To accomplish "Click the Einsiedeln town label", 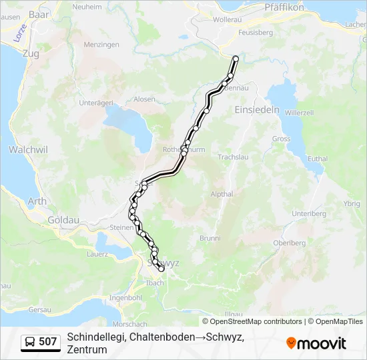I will [257, 111].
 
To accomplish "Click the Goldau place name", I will [63, 219].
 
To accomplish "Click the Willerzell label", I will [299, 113].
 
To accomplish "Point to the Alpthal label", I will [222, 195].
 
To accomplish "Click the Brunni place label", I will [210, 238].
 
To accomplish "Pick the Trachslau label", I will [233, 157].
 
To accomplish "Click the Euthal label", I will [318, 158].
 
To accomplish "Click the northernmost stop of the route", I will [235, 59].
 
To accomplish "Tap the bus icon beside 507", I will [30, 342].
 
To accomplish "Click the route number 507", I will [48, 342].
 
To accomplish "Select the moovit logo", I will [316, 343].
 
